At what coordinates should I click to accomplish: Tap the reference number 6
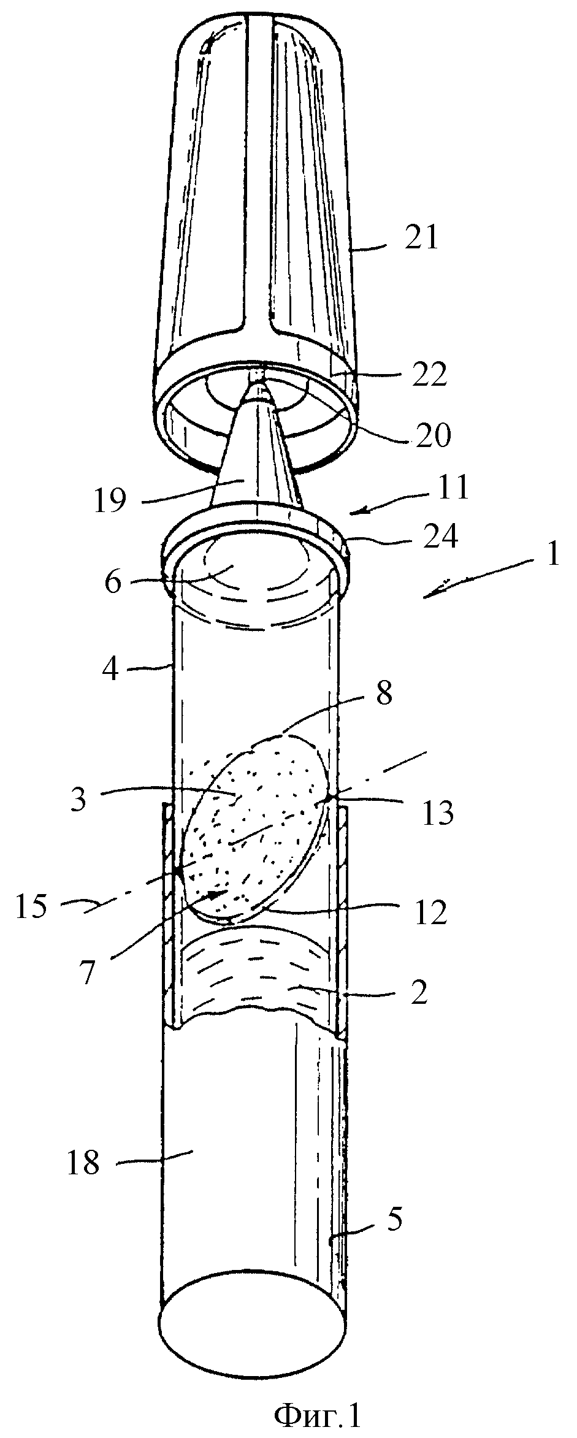coord(113,581)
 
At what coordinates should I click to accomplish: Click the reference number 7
coord(87,973)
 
